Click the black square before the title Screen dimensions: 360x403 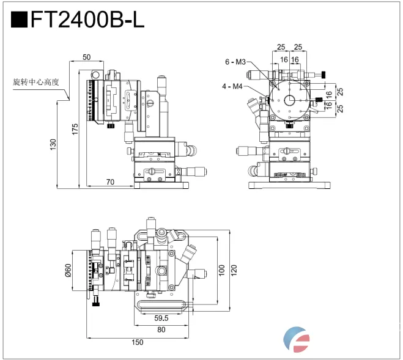point(20,20)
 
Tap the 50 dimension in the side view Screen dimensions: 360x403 point(86,57)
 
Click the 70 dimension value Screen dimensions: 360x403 point(110,182)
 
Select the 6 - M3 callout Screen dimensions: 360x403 point(235,62)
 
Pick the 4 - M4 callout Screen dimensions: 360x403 point(232,86)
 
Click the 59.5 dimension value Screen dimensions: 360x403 point(161,318)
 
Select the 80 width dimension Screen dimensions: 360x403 point(161,330)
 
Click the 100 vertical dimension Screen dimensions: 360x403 point(222,270)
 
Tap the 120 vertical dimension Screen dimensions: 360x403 point(234,270)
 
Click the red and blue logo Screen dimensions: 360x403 point(298,339)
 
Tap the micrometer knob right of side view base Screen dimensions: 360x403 point(194,172)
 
